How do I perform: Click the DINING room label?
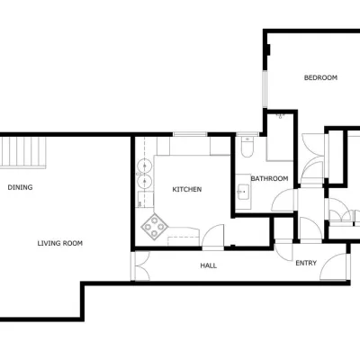click(x=20, y=187)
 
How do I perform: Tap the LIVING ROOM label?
click(x=60, y=243)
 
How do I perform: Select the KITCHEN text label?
click(x=187, y=190)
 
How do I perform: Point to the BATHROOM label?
click(x=269, y=179)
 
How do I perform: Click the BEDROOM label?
click(x=320, y=77)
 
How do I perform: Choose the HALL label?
click(x=209, y=265)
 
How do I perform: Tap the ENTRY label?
click(x=306, y=263)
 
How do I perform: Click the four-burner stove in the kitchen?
click(x=155, y=227)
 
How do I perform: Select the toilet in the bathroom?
click(x=247, y=147)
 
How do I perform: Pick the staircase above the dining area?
click(x=22, y=152)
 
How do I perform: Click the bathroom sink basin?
click(x=243, y=192)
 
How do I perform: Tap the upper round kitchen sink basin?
click(x=144, y=166)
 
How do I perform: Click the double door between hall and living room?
click(x=141, y=266)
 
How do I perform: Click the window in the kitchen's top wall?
click(x=190, y=134)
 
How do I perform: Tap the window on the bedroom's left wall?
click(x=265, y=89)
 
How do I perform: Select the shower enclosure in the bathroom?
click(x=280, y=137)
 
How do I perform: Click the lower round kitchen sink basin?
click(x=144, y=181)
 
